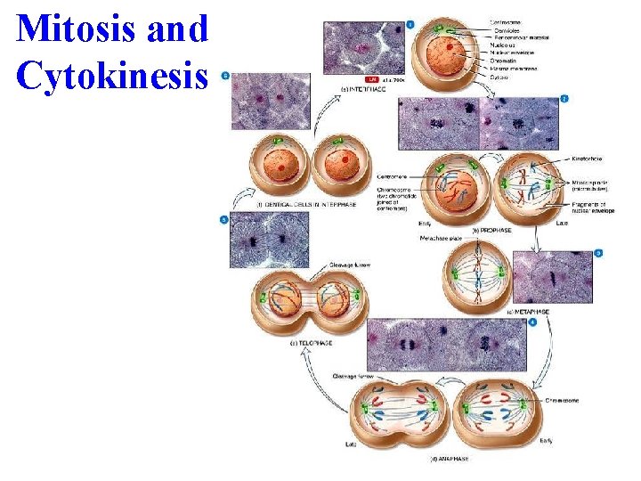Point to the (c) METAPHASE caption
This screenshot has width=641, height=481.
pos(527,312)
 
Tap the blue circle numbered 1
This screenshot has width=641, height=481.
pos(410,24)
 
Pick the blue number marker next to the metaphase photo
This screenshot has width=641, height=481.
pos(598,253)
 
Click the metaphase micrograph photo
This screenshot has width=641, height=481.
pos(551,278)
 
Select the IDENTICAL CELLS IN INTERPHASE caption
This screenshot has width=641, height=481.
pos(304,204)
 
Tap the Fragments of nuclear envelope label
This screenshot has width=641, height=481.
pos(580,210)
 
